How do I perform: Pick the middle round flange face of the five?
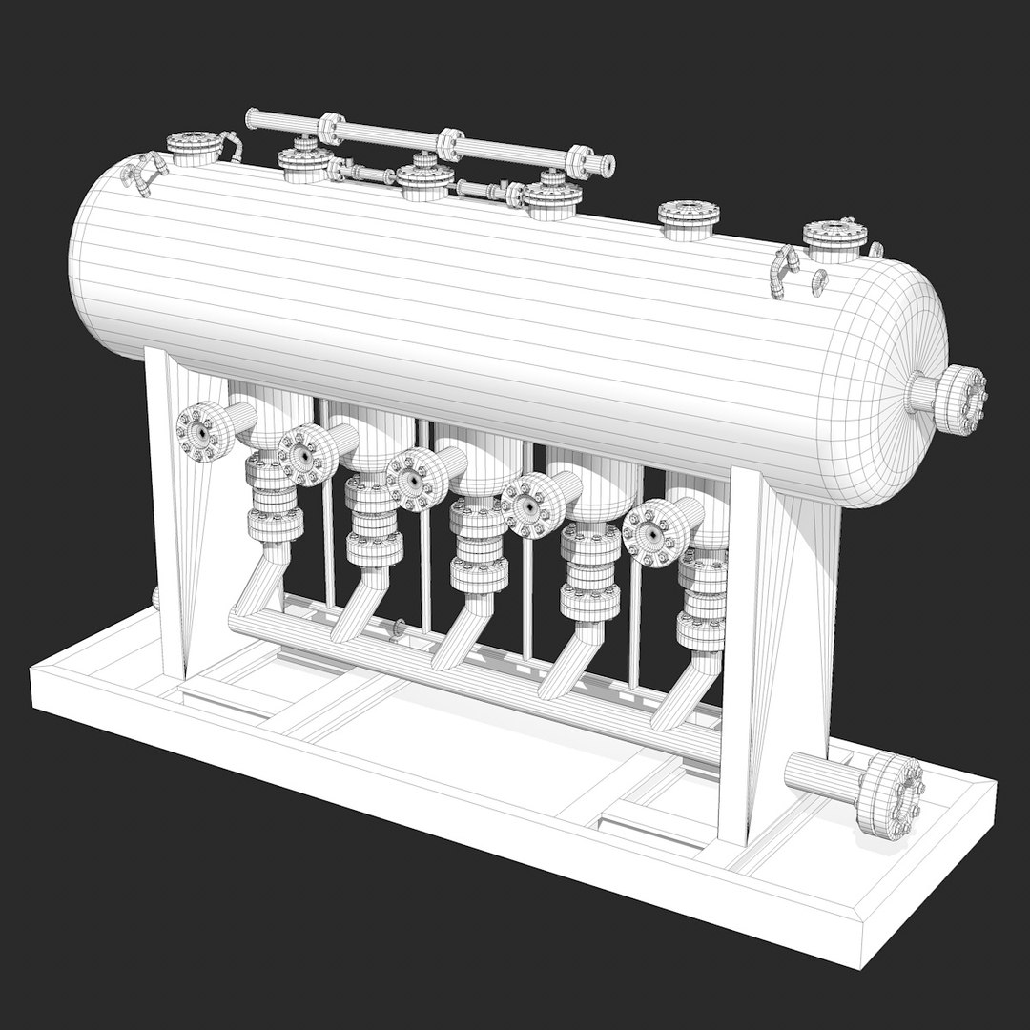click(413, 479)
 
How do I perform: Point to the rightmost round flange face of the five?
click(651, 535)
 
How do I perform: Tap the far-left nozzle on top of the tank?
click(195, 149)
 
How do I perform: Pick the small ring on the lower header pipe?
click(399, 627)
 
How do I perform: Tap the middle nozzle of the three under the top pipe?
click(423, 180)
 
